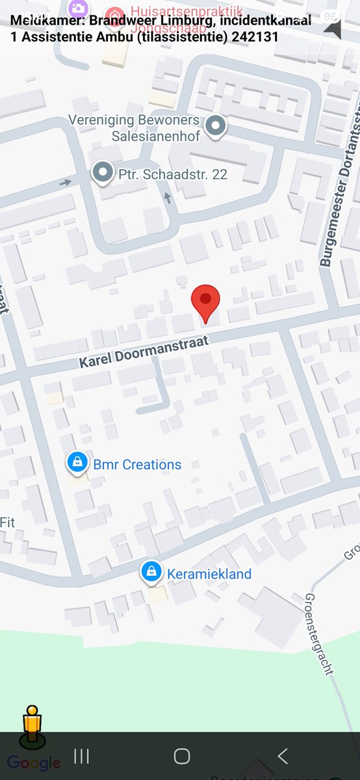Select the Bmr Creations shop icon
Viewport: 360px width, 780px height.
coord(77,463)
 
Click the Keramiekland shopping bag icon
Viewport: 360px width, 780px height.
coord(151,572)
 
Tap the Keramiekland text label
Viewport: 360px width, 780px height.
coord(209,574)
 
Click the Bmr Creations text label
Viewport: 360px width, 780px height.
coord(137,465)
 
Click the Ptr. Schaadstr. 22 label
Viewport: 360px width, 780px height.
coord(172,174)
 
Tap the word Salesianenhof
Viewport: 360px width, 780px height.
coord(155,136)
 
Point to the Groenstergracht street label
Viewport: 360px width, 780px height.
coord(318,634)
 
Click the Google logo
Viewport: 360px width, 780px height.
coord(34,763)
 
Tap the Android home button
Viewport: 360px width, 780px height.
coord(182,756)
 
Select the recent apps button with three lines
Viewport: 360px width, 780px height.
coord(81,756)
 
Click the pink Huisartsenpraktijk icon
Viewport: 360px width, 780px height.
coord(115,13)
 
